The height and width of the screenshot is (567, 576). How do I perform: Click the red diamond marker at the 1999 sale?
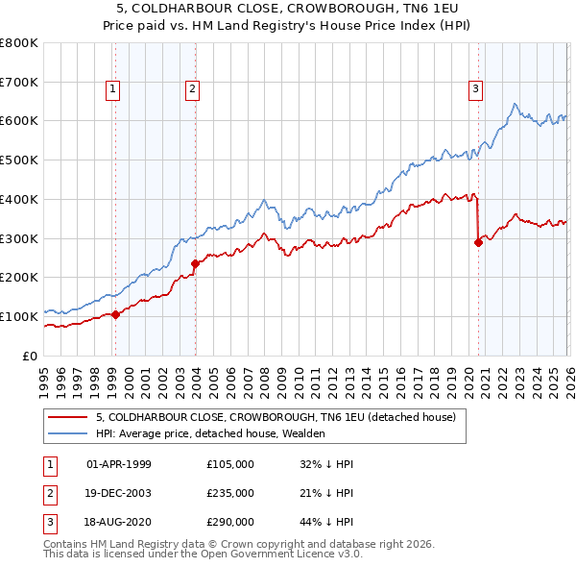click(x=115, y=313)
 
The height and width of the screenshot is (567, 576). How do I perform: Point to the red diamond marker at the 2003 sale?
click(x=195, y=262)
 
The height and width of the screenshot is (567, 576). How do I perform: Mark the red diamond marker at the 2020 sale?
click(x=477, y=242)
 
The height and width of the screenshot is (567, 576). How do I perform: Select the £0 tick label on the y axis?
click(x=30, y=356)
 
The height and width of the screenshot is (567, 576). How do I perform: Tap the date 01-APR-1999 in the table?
click(x=119, y=464)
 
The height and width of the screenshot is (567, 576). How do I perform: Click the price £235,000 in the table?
click(x=230, y=493)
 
